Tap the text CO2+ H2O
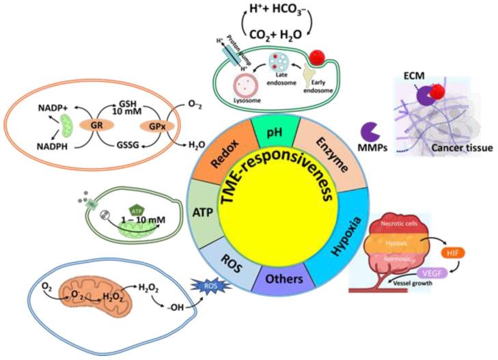tap(270, 36)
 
